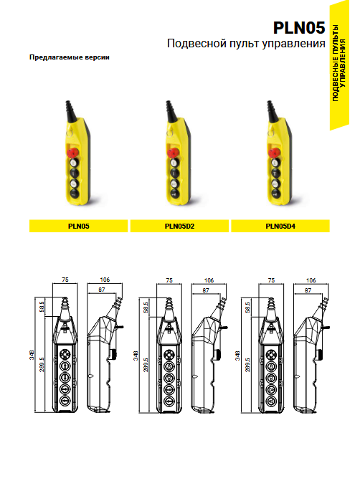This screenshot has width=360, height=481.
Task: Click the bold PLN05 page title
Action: (x=299, y=28)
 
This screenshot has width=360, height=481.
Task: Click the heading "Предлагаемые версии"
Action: (x=70, y=57)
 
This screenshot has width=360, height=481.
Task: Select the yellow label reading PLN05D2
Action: (x=179, y=226)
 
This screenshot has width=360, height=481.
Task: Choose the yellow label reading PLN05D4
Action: (x=280, y=226)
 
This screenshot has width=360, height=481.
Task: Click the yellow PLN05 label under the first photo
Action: (x=79, y=226)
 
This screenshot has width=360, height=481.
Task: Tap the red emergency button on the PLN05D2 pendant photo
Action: (x=174, y=152)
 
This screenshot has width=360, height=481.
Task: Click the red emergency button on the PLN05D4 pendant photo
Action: (x=274, y=152)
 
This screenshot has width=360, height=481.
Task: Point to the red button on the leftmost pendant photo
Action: (x=72, y=152)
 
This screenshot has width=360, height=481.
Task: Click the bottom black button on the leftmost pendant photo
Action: (x=75, y=194)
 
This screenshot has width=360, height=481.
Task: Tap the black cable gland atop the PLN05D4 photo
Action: (x=272, y=111)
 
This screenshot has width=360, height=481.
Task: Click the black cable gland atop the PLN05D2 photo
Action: (x=171, y=111)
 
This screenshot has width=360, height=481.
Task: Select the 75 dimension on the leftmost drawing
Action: (x=65, y=280)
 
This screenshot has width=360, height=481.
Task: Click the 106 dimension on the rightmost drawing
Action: (x=311, y=280)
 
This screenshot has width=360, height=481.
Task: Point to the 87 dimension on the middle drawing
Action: (x=206, y=290)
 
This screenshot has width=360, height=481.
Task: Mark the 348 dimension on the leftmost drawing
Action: (x=32, y=355)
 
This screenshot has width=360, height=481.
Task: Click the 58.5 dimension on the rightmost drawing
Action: (x=247, y=307)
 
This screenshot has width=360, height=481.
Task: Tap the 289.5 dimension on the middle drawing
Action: (x=146, y=364)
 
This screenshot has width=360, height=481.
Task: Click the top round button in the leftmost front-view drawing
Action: (x=65, y=355)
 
